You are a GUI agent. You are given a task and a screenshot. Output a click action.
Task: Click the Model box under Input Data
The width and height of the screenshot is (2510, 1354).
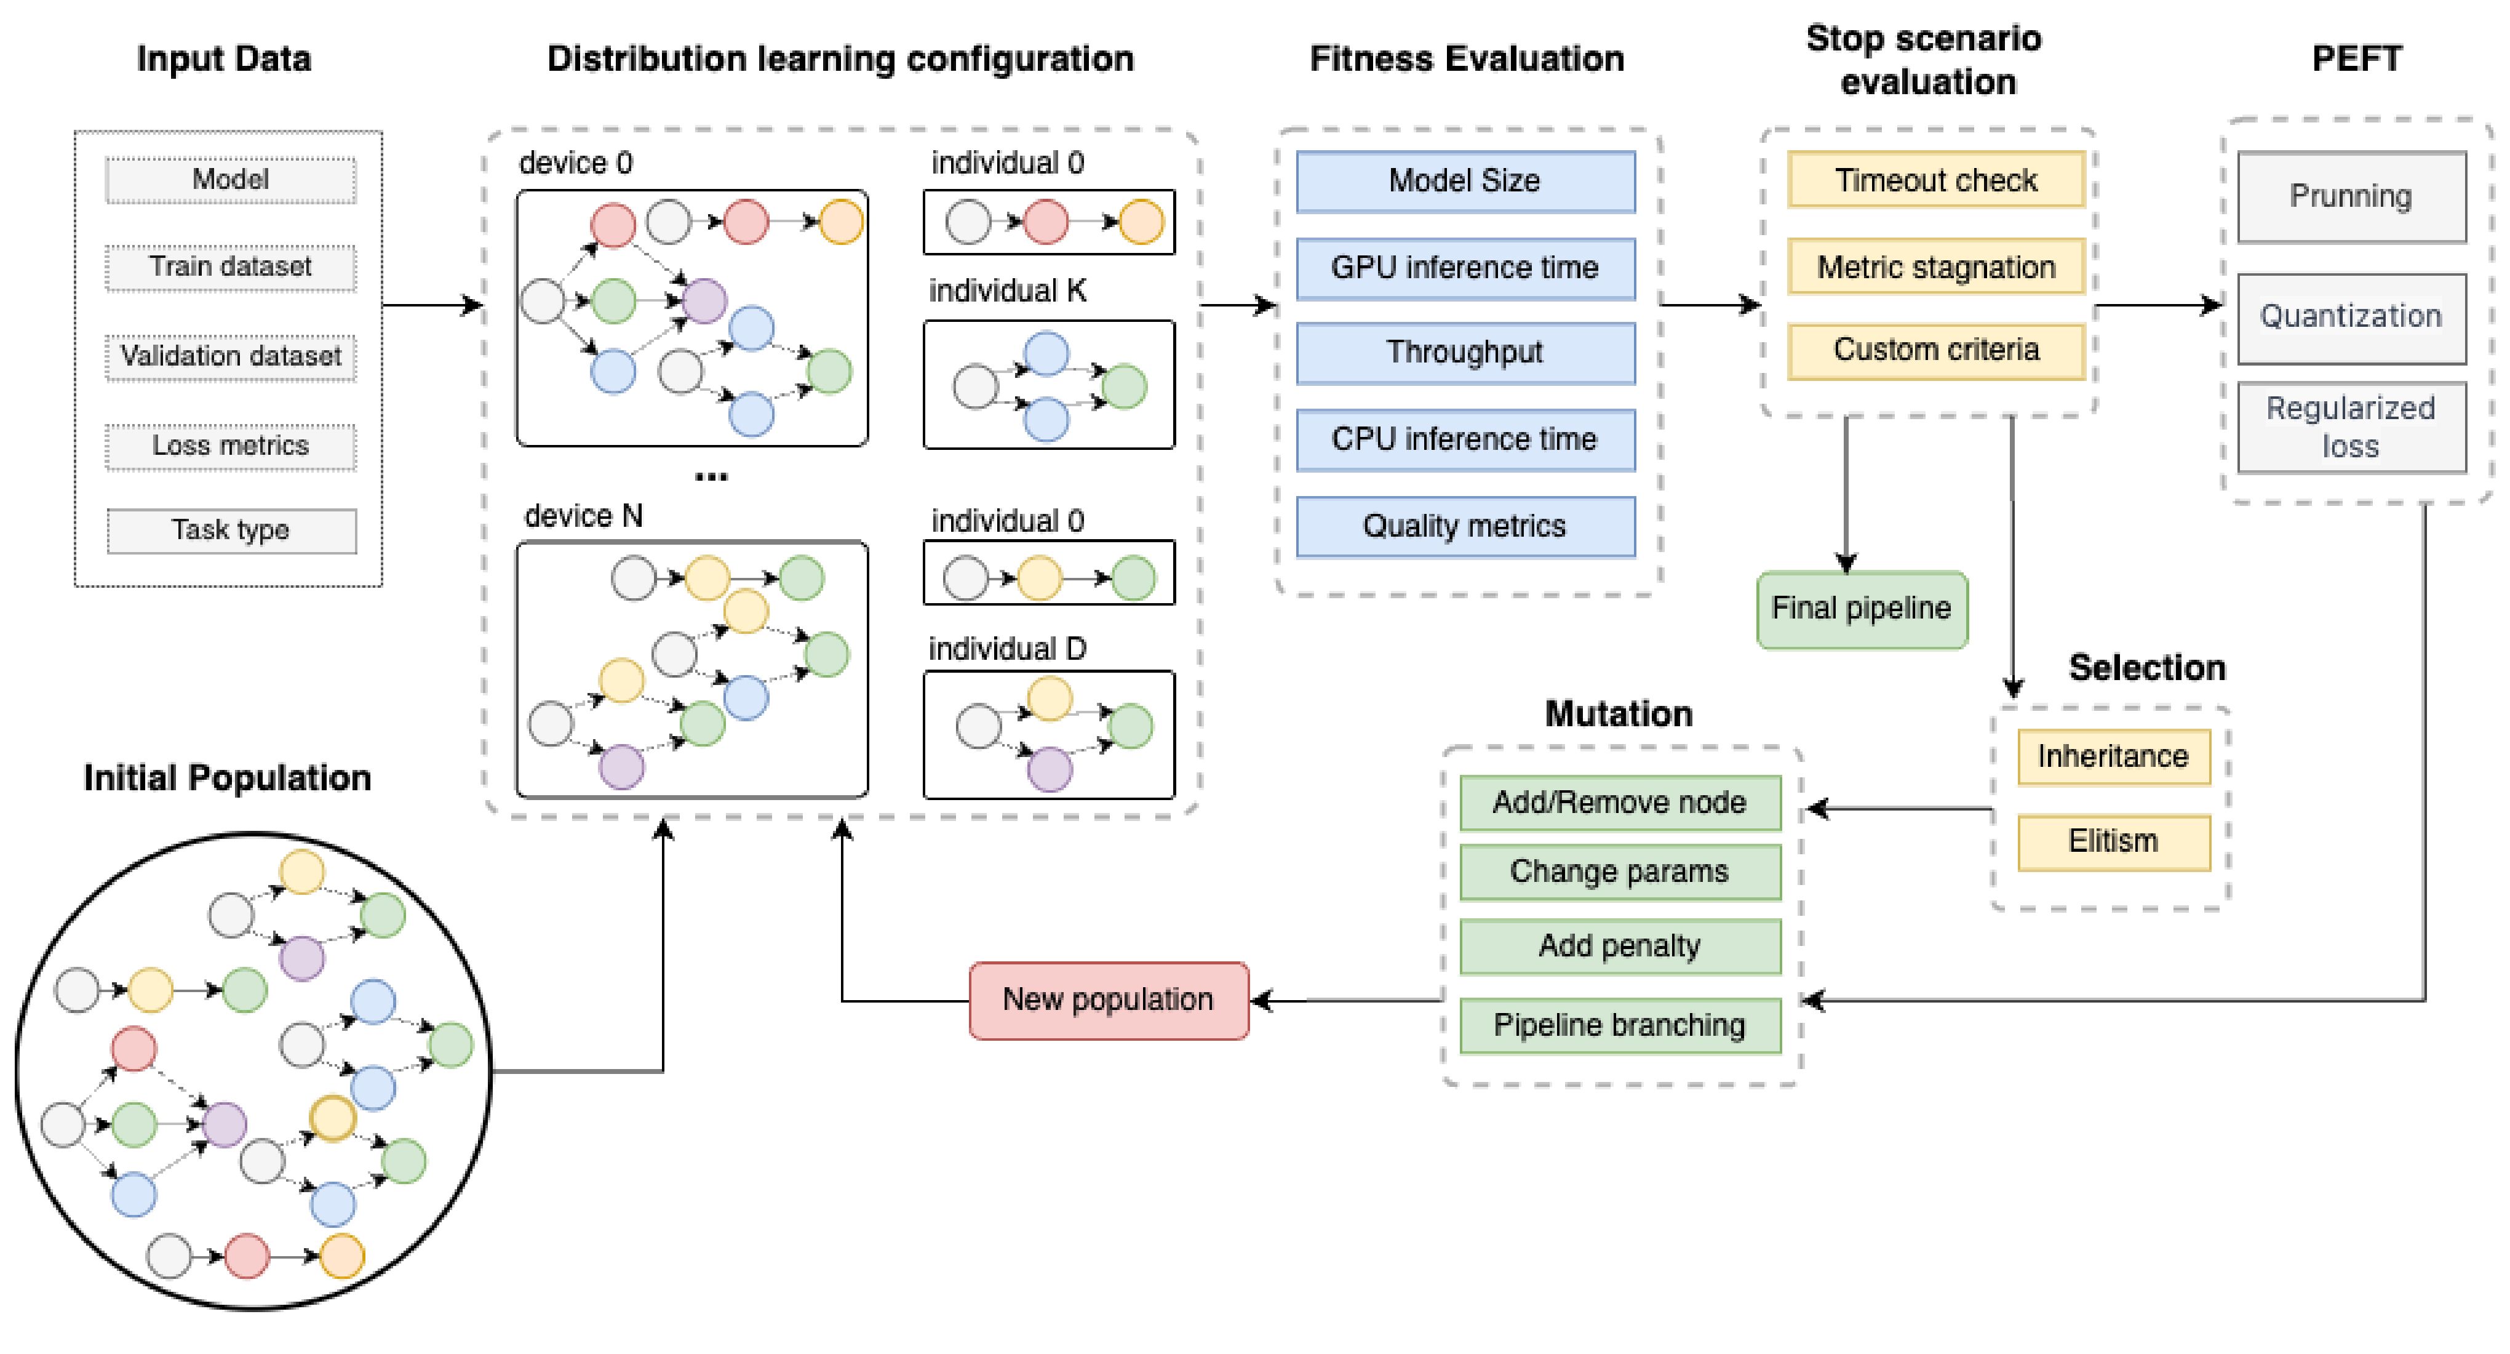click(231, 180)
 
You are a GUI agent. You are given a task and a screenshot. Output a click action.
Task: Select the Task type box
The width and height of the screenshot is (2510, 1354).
click(231, 531)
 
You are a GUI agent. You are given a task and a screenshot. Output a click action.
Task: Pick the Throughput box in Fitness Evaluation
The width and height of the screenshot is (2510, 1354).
click(1465, 353)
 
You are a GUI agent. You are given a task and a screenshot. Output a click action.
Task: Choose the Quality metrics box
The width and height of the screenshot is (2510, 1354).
click(1465, 526)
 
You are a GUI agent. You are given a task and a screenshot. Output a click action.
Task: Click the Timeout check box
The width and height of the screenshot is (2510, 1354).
click(1935, 180)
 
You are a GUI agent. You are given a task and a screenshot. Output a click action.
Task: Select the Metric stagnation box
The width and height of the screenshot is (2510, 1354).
click(1935, 267)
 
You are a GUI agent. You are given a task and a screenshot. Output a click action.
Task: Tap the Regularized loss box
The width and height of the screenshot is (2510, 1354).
click(2350, 427)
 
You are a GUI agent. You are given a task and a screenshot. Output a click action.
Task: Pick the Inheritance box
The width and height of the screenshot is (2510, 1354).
click(2113, 756)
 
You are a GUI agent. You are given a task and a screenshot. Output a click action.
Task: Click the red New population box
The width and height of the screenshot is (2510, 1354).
click(1108, 1000)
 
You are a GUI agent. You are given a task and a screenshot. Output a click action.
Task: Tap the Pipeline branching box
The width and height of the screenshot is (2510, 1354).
click(1619, 1025)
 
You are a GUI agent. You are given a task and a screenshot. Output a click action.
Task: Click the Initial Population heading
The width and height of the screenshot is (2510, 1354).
click(227, 778)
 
